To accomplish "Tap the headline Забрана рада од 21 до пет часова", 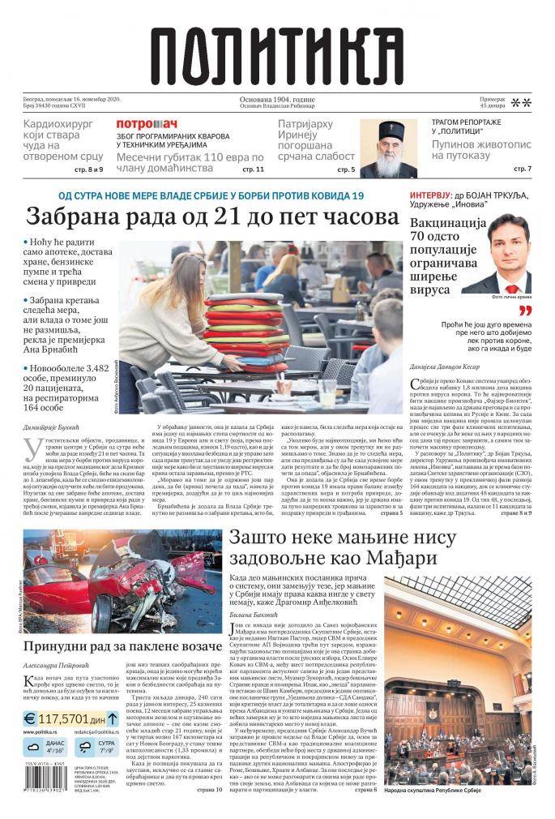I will pos(211,218).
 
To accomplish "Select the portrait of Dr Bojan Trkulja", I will pos(495,255).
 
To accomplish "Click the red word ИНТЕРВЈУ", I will pos(434,197).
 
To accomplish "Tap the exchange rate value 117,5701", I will pos(68,718).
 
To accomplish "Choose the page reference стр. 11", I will pos(253,170).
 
